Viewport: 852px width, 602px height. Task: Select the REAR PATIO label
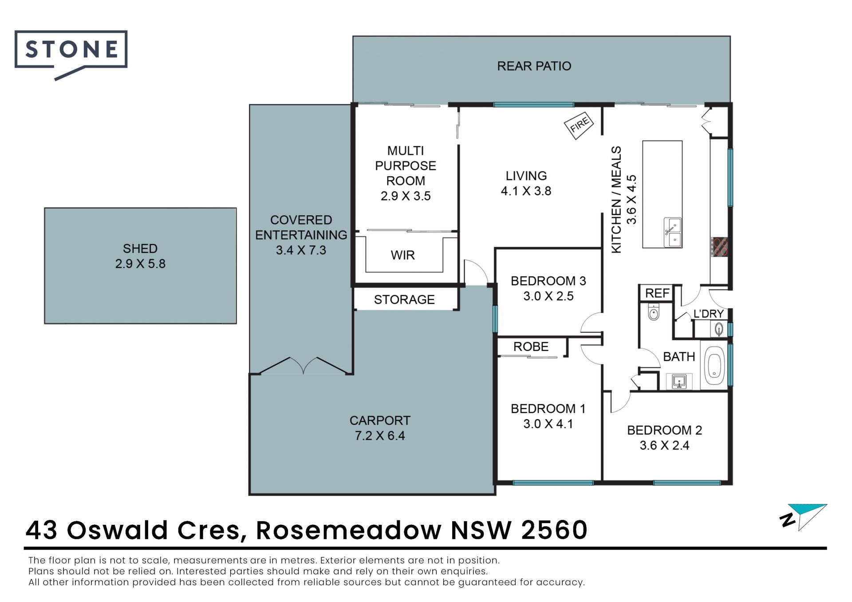534,66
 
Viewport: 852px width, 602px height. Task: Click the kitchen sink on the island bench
673,232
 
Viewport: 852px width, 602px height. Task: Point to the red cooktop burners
719,247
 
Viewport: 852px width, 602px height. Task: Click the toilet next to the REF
654,311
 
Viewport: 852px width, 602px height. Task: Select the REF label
657,293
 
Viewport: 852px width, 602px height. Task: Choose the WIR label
402,255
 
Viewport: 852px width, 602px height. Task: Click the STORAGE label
404,299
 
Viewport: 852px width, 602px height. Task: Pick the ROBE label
531,346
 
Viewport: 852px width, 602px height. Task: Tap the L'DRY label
709,314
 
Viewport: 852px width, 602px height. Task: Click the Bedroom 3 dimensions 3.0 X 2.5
548,296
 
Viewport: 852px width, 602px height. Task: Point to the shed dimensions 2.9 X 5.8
140,264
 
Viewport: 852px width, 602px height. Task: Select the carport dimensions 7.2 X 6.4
380,436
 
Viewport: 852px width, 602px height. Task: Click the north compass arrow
804,517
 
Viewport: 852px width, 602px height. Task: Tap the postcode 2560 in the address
554,530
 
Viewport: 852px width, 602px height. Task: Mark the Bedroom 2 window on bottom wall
687,483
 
